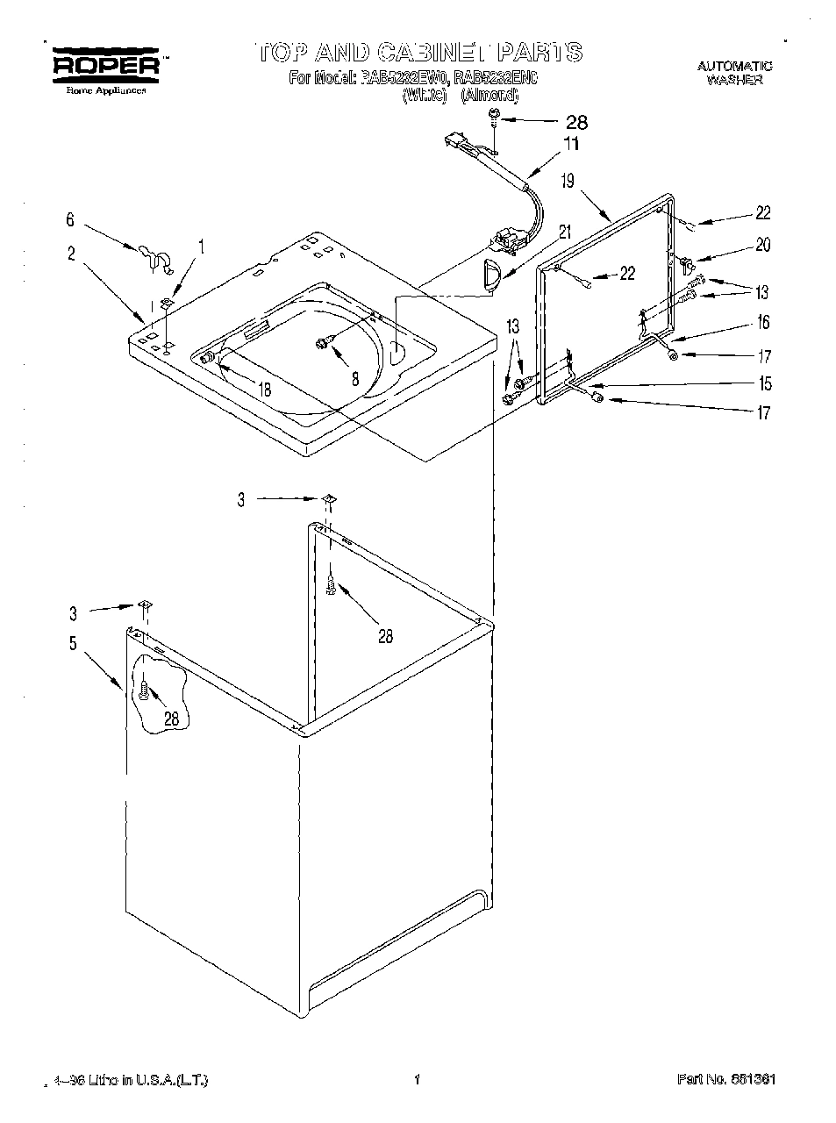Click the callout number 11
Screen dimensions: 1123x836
click(570, 145)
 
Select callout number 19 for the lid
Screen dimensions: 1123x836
click(568, 182)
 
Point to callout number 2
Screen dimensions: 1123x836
click(70, 254)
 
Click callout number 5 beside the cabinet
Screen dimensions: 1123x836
click(73, 643)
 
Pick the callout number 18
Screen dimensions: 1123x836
click(264, 390)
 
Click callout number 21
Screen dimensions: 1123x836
click(564, 232)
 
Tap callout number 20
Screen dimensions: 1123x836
click(762, 246)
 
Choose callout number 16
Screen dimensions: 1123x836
click(763, 323)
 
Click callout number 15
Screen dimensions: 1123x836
click(765, 383)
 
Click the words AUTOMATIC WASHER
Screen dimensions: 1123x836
click(734, 72)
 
